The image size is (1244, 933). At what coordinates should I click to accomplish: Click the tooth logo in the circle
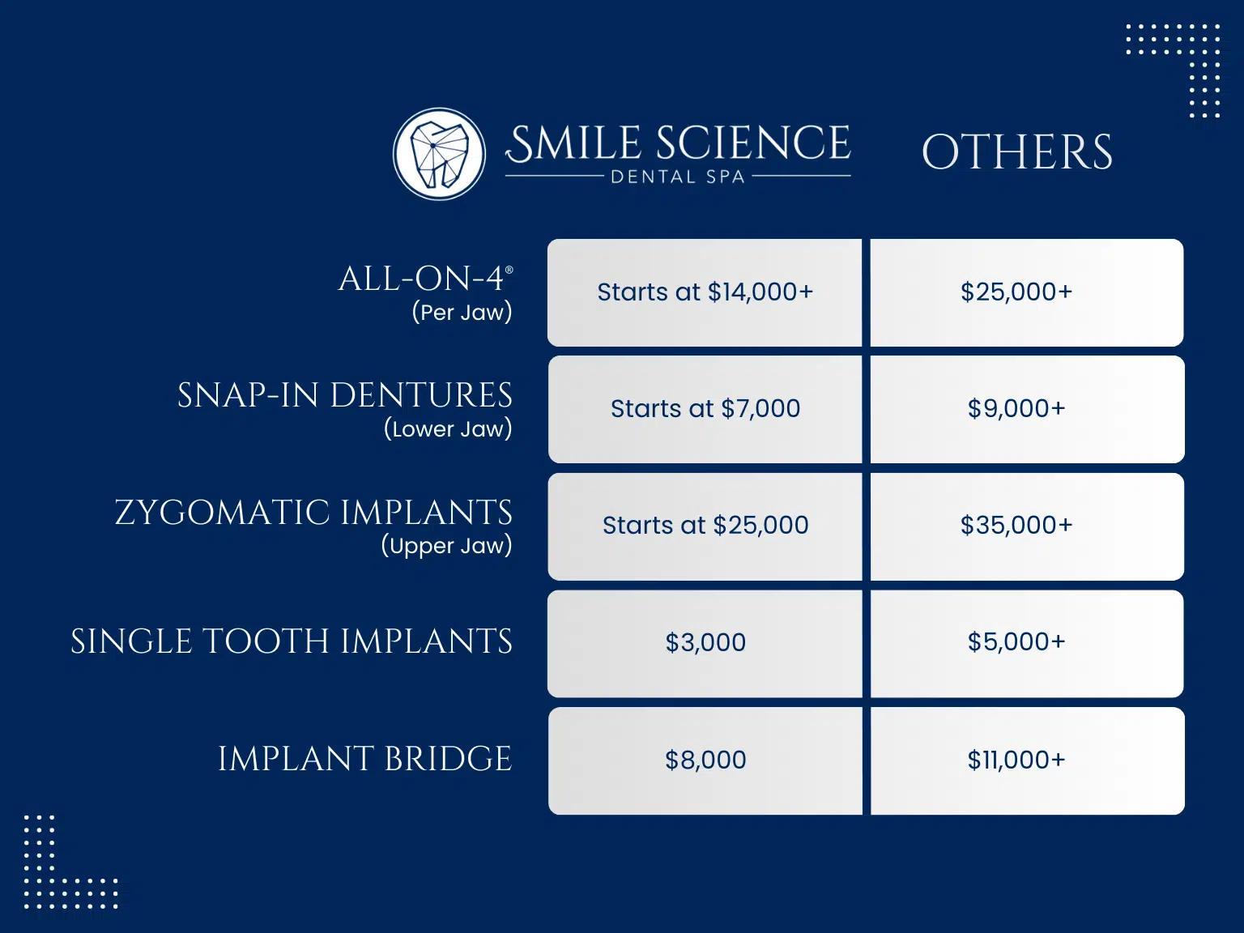point(439,154)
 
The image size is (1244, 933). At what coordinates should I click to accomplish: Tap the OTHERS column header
point(1017,151)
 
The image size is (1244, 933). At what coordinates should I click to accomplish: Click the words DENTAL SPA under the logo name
point(678,177)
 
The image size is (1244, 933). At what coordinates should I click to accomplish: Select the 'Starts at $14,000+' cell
point(705,292)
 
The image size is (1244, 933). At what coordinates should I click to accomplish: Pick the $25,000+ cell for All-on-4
point(1027,292)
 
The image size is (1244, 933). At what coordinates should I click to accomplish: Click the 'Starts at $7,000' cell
point(705,409)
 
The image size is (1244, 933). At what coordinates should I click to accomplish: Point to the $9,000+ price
point(1016,408)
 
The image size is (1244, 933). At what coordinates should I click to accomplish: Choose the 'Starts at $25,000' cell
point(705,526)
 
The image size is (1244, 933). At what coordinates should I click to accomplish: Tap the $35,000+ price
point(1016,525)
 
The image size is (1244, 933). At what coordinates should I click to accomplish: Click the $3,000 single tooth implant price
point(705,642)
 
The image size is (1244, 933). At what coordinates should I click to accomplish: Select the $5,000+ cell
point(1027,644)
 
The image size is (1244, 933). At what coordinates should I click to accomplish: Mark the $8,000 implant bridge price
point(705,760)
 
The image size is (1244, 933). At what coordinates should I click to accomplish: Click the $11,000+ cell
point(1027,760)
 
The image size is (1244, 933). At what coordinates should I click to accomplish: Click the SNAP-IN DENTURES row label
point(344,395)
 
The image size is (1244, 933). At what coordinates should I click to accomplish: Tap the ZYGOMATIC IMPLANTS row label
point(313,512)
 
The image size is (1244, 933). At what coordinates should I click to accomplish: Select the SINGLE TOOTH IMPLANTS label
point(292,641)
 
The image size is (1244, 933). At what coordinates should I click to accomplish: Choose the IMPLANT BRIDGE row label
point(365,759)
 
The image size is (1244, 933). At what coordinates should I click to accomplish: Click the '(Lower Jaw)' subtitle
point(448,428)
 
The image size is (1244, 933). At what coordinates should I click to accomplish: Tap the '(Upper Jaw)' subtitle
point(446,546)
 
